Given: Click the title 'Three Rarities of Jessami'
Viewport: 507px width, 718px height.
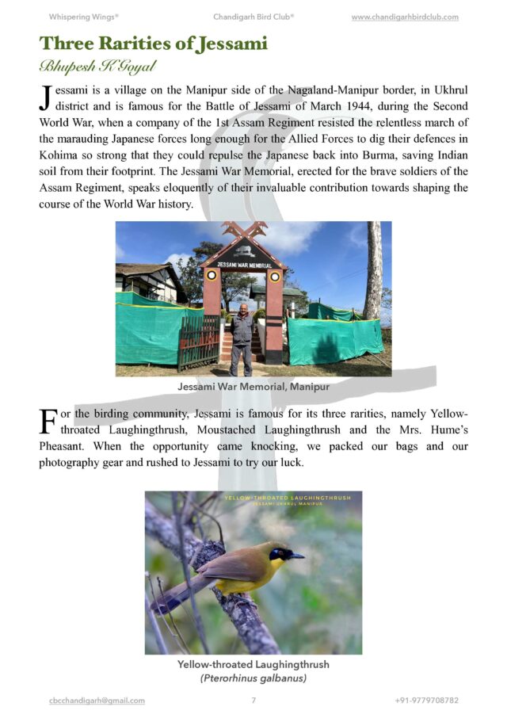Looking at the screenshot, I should (x=154, y=44).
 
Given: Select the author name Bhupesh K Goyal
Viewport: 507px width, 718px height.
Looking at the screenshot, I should (x=96, y=66).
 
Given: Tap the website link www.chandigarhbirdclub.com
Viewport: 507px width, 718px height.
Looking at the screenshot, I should (x=404, y=17).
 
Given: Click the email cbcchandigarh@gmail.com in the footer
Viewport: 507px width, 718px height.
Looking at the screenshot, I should (x=96, y=701).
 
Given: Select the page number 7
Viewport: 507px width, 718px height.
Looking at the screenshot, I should (x=253, y=701).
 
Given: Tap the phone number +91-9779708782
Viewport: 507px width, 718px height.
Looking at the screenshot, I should (x=426, y=701).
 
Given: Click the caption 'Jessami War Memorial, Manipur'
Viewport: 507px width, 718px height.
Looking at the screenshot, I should (x=253, y=388).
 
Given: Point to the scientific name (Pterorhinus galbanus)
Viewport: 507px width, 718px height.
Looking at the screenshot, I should (x=253, y=678).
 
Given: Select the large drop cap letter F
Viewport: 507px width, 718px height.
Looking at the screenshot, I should (x=48, y=421).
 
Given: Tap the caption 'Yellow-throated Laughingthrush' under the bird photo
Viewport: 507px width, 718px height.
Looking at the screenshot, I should (x=253, y=664).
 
